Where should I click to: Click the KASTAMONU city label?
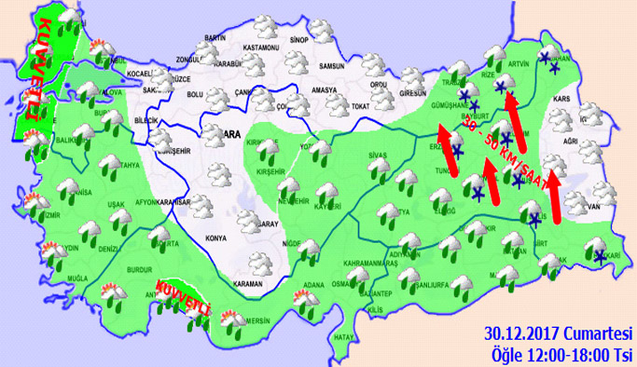click(260, 47)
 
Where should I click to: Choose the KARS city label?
click(561, 97)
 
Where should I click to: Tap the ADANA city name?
click(312, 283)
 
